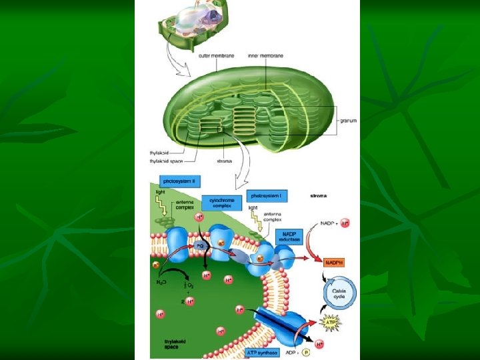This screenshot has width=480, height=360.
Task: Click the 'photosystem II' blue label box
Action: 179,181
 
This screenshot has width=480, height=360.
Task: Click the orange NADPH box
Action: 334,262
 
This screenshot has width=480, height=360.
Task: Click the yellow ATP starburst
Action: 329,324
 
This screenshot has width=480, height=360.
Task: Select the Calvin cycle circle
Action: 340,291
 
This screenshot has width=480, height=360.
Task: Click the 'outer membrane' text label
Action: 216,55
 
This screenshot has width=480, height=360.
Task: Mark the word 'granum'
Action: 348,121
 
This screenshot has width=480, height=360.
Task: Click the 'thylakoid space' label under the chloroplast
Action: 167,161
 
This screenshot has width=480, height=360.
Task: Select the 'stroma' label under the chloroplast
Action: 225,161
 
